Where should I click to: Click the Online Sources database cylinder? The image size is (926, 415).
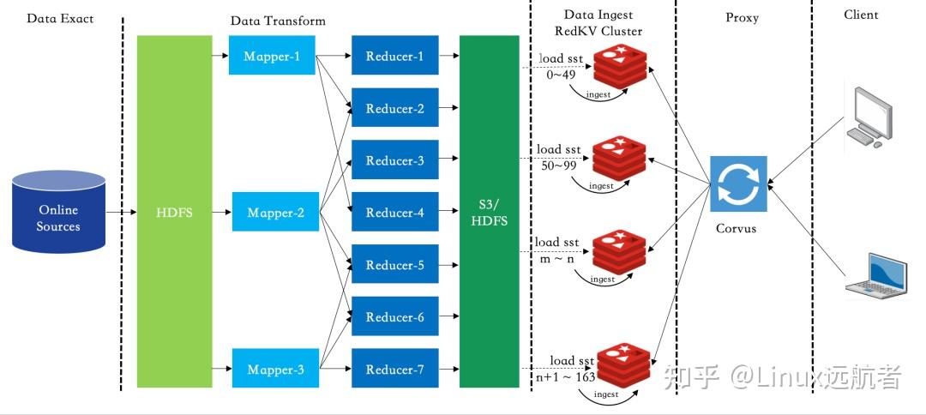click(x=58, y=212)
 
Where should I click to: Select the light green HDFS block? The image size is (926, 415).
click(x=174, y=212)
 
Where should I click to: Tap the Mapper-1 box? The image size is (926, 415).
click(x=271, y=56)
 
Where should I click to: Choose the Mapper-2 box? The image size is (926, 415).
click(x=275, y=213)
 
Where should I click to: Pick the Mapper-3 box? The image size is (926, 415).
click(x=275, y=370)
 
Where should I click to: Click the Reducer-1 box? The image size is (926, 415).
click(x=394, y=57)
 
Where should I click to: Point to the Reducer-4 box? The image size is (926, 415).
click(x=394, y=213)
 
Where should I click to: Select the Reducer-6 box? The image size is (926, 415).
click(x=394, y=317)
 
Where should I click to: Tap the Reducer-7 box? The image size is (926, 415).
click(x=394, y=370)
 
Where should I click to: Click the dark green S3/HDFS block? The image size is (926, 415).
click(x=490, y=212)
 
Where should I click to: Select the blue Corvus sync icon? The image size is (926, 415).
click(x=737, y=183)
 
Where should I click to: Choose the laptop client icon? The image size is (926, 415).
click(x=875, y=274)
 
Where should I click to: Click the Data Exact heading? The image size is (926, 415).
click(x=60, y=18)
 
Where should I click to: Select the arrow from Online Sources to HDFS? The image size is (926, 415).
click(x=121, y=212)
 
